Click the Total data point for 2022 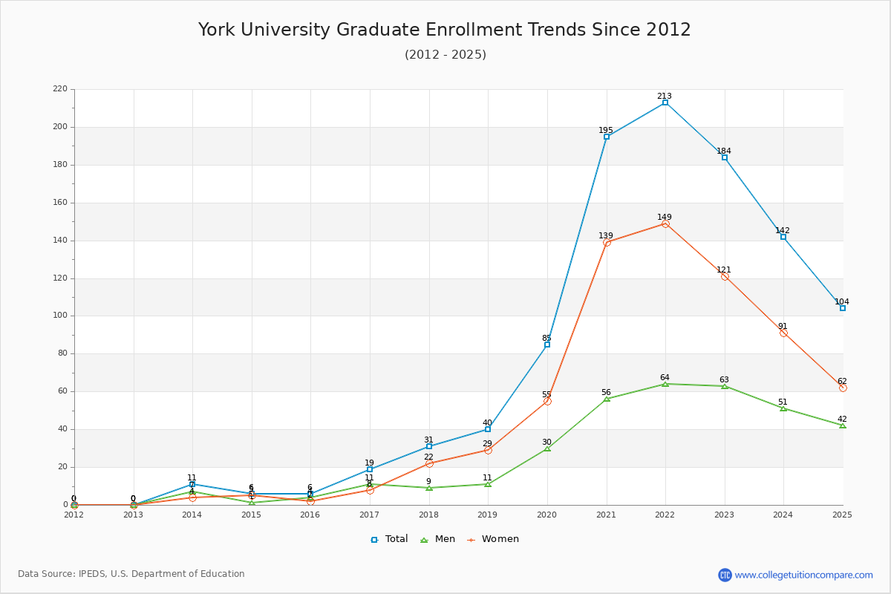coord(665,102)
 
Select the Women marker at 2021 coord(607,242)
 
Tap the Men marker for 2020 coord(547,448)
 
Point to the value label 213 coord(665,96)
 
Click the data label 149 coord(665,217)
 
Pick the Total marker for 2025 coord(843,308)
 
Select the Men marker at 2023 coord(725,386)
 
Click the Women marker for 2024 coord(783,333)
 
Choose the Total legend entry coord(390,539)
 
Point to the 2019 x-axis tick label coord(488,514)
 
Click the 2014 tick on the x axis coord(192,514)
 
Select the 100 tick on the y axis coord(59,316)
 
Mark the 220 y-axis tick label coord(59,89)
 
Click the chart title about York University coord(445,30)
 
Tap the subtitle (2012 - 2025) coord(445,54)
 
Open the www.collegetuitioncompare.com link coord(803,575)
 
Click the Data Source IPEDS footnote coord(131,574)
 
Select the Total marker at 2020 coord(547,345)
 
